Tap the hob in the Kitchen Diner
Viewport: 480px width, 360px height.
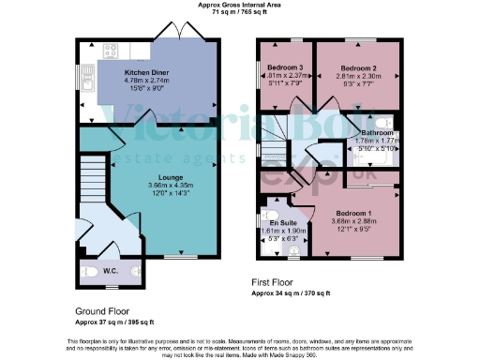tap(111, 51)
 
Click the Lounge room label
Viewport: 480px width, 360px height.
tap(149, 176)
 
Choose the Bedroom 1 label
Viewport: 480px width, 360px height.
tap(353, 213)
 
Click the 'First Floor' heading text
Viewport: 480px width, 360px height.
tap(275, 281)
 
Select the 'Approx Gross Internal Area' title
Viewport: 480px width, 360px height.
tap(240, 5)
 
